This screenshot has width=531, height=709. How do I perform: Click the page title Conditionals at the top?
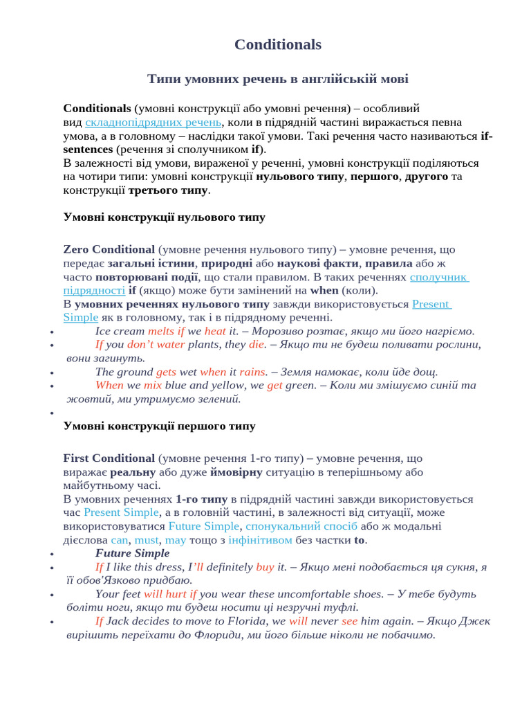277,44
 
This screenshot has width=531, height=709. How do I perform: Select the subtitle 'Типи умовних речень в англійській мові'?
277,79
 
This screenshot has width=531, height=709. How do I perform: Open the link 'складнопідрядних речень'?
143,123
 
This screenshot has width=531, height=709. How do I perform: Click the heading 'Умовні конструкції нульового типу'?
164,217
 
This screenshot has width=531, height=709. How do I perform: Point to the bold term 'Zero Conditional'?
109,249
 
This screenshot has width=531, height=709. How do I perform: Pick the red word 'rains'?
252,372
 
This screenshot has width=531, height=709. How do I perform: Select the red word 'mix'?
153,385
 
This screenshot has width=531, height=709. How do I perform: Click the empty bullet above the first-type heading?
53,413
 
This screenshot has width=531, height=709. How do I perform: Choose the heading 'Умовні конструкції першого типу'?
159,427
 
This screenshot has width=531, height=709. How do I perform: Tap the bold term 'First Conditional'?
109,458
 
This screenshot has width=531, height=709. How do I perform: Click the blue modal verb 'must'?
147,540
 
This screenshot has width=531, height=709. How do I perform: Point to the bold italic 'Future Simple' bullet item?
132,553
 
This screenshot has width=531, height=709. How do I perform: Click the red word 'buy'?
265,567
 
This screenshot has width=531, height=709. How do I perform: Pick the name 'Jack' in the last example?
118,621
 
